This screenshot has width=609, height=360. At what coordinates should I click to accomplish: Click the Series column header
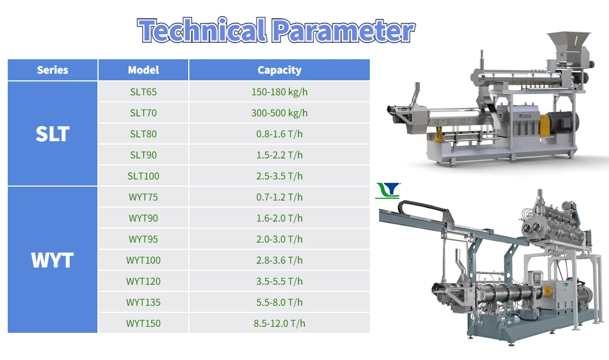pos(53,70)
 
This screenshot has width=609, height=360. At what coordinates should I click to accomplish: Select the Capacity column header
pos(279,70)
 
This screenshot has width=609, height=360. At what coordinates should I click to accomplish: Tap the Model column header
pos(143,70)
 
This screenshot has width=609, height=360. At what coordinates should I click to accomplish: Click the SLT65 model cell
pos(143,91)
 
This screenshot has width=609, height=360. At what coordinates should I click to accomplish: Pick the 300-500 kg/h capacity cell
pos(279,112)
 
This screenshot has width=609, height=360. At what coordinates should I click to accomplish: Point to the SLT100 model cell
pos(143,176)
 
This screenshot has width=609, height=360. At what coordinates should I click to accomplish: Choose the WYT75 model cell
pos(143,197)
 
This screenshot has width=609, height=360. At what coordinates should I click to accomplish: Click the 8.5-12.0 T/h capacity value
pos(279,323)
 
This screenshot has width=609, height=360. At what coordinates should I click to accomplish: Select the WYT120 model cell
pos(143,281)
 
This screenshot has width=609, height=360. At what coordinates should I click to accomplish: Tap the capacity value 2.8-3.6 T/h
pos(279,260)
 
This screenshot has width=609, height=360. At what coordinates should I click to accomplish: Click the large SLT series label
pos(53,134)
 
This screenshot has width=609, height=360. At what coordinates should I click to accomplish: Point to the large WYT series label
pos(53,260)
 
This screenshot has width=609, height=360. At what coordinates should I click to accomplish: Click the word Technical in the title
pos(202,30)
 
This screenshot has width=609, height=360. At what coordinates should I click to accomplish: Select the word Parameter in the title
pos(343,30)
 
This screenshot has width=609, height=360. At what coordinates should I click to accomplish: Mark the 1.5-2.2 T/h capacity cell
pos(279,155)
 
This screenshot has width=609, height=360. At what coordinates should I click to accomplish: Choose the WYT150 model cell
pos(143,323)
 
